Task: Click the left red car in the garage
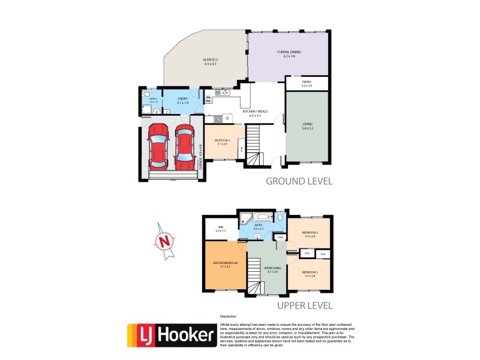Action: pyautogui.click(x=158, y=146)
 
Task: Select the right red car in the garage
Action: pyautogui.click(x=184, y=146)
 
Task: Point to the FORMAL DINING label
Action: pyautogui.click(x=289, y=53)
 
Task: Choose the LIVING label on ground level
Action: pyautogui.click(x=307, y=125)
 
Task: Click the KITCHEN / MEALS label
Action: pyautogui.click(x=255, y=113)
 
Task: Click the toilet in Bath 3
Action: pyautogui.click(x=145, y=95)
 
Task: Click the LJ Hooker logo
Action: pyautogui.click(x=171, y=335)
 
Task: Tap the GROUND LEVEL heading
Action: pyautogui.click(x=298, y=181)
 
